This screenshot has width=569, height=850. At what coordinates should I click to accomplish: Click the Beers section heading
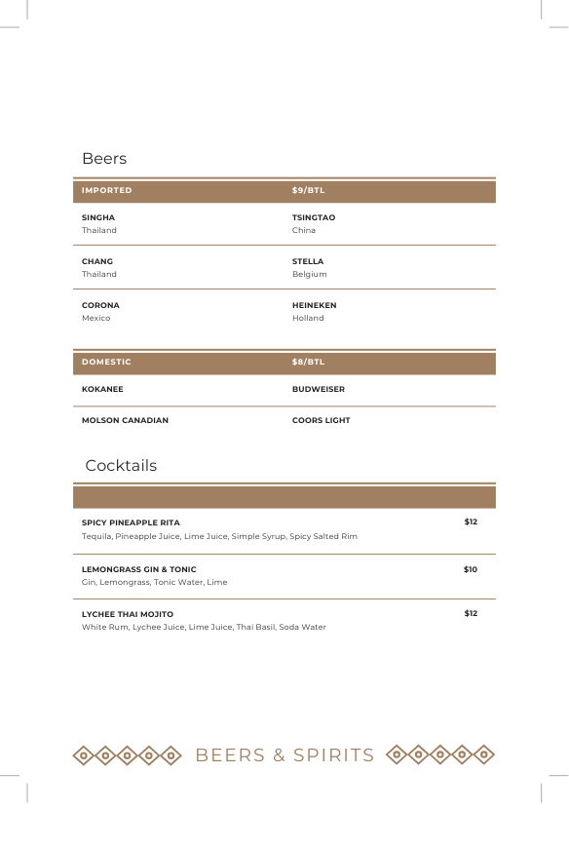tap(104, 159)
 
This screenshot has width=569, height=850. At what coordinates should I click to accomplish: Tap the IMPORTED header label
tap(106, 190)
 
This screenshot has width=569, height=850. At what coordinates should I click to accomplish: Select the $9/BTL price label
tap(308, 190)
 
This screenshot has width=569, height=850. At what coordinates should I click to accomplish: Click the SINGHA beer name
tap(98, 217)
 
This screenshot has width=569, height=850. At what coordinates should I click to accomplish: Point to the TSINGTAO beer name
tap(314, 217)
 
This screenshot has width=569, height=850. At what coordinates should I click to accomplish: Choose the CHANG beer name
tap(97, 261)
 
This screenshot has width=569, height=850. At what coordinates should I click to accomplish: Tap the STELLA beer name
tap(308, 261)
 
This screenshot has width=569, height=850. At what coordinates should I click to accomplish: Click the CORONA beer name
tap(100, 305)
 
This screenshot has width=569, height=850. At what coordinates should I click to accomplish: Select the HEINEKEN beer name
tap(314, 305)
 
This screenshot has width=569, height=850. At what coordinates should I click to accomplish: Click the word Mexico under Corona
tap(96, 319)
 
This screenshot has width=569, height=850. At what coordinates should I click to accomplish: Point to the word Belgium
tap(309, 275)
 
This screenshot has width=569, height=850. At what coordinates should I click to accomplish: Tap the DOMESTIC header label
tap(106, 362)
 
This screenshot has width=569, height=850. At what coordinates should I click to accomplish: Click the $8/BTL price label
tap(308, 362)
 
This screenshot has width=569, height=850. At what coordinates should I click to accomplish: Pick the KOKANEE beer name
tap(102, 389)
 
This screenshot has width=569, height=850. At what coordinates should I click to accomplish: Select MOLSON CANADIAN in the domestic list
tap(125, 420)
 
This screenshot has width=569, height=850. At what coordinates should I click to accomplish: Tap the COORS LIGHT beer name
tap(321, 420)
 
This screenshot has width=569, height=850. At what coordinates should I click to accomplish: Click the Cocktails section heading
tap(121, 466)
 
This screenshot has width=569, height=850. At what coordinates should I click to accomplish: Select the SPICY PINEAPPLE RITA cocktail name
tap(131, 522)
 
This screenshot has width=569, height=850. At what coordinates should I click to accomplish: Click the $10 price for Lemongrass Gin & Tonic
tap(471, 569)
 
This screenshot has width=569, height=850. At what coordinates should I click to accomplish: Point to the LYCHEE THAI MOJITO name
tap(128, 614)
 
